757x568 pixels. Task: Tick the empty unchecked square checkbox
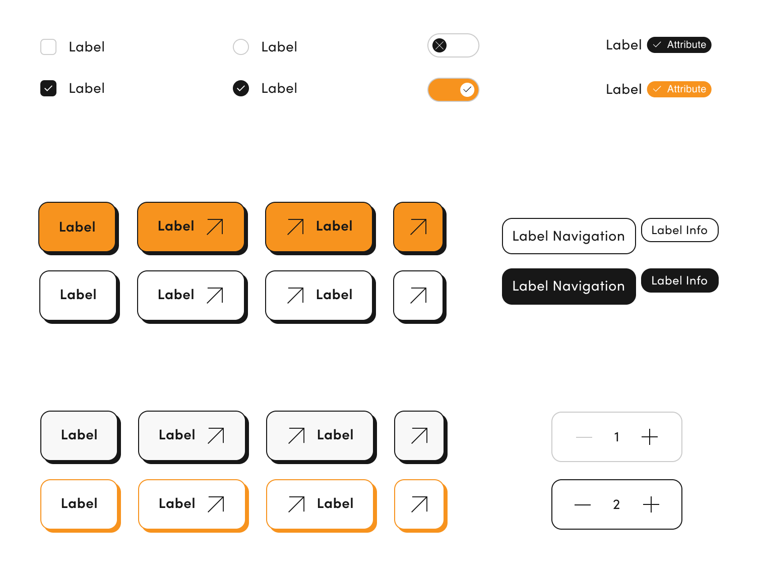(48, 47)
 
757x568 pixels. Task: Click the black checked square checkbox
(48, 88)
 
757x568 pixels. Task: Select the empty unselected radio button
(241, 47)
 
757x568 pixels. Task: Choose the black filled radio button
(241, 88)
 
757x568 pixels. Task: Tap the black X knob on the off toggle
(439, 45)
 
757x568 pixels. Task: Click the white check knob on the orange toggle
(467, 90)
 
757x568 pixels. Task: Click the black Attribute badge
(679, 45)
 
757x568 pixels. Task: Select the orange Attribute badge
(679, 89)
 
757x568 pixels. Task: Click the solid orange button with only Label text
(77, 226)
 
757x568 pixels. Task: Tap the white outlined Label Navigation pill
(569, 236)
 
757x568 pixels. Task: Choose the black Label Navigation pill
(569, 286)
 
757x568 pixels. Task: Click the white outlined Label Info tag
(679, 230)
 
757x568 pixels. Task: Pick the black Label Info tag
(679, 280)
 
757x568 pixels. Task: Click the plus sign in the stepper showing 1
(650, 437)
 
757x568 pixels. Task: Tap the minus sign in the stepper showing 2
(583, 504)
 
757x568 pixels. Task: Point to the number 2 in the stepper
(616, 504)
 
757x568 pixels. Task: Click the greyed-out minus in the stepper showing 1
(584, 437)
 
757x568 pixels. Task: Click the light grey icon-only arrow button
(419, 435)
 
